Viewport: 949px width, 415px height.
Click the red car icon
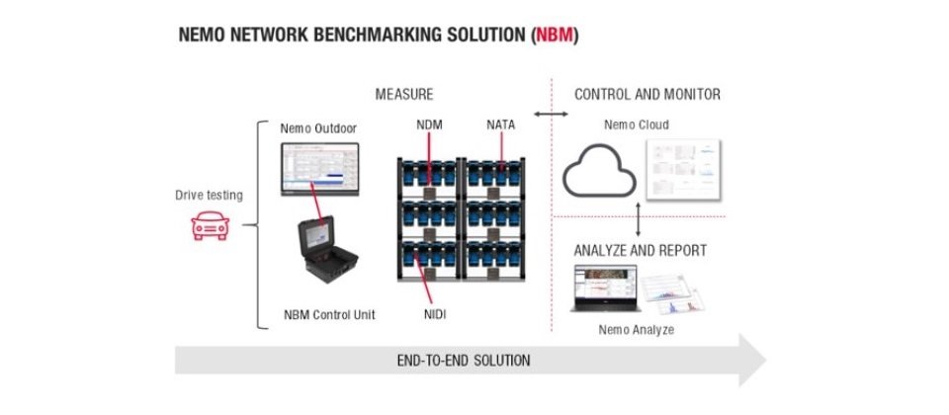(210, 227)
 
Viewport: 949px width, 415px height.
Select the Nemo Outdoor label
(317, 127)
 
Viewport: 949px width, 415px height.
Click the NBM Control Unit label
(327, 315)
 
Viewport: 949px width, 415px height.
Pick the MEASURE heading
(403, 95)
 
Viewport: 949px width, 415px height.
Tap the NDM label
(432, 126)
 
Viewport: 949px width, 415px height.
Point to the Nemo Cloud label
(636, 125)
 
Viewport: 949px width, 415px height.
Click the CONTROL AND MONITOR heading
(647, 95)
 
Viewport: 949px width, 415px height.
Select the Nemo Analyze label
(637, 329)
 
